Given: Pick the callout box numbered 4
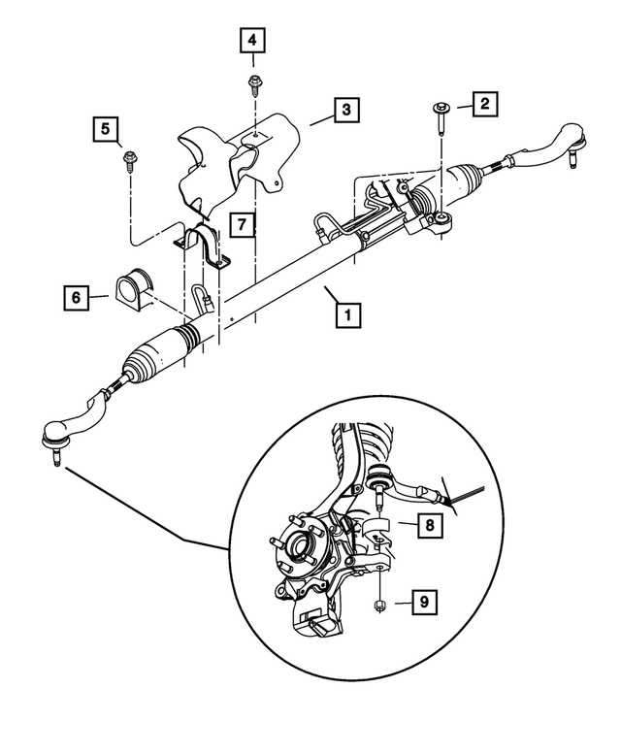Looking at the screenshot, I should [252, 41].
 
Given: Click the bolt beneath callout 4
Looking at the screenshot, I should [253, 84].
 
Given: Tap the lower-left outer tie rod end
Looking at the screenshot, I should [70, 427].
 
